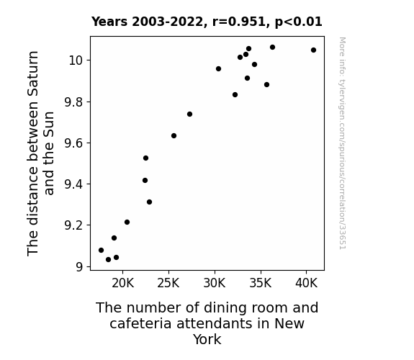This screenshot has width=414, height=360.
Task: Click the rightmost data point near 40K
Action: click(x=313, y=50)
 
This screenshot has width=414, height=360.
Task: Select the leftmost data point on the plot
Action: click(x=101, y=250)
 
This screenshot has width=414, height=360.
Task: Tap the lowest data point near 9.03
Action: click(x=108, y=260)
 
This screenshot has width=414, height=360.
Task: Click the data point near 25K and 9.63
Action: click(x=174, y=136)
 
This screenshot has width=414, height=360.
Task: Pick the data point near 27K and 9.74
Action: click(x=189, y=114)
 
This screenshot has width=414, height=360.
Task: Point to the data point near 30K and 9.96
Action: click(x=218, y=68)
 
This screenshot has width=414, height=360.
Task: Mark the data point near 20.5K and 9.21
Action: click(x=127, y=222)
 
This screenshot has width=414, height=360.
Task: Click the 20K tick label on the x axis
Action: click(x=123, y=283)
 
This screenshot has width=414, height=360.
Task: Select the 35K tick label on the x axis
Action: click(x=261, y=283)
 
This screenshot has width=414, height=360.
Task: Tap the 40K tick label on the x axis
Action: click(x=306, y=283)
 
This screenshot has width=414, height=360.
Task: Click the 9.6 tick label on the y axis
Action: click(x=74, y=143)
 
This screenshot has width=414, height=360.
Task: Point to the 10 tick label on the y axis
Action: click(x=76, y=60)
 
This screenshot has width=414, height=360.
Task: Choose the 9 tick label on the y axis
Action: click(x=79, y=267)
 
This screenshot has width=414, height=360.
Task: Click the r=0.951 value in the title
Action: click(x=239, y=22)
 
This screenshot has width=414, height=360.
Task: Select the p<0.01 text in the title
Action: click(x=299, y=22)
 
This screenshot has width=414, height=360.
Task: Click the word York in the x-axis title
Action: click(x=207, y=339)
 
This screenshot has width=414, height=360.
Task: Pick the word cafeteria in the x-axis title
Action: click(x=141, y=323)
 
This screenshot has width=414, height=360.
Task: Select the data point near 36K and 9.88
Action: click(x=266, y=85)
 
